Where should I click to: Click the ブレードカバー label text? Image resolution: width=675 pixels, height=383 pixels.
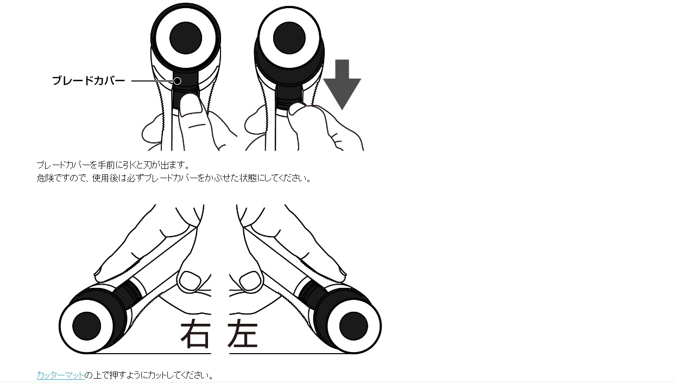point(89,81)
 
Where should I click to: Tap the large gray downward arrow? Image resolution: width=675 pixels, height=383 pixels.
point(342,84)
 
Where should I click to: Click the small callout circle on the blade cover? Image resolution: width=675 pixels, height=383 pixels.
point(178,81)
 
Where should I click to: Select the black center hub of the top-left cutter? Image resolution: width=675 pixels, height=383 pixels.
point(186,38)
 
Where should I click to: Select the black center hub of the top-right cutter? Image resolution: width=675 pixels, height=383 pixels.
point(289,38)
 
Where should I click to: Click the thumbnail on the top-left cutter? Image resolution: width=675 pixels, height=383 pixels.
point(191,105)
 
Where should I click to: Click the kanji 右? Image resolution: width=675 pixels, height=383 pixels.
point(195,334)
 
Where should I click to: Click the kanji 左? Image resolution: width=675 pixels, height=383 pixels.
point(243,334)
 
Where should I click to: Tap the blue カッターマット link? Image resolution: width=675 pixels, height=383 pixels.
point(60,375)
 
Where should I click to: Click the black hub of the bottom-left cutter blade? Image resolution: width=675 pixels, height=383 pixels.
point(87,326)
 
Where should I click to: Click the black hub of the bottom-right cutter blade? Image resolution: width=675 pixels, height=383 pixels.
point(354,326)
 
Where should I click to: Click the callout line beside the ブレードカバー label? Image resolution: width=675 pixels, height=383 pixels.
point(153,81)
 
